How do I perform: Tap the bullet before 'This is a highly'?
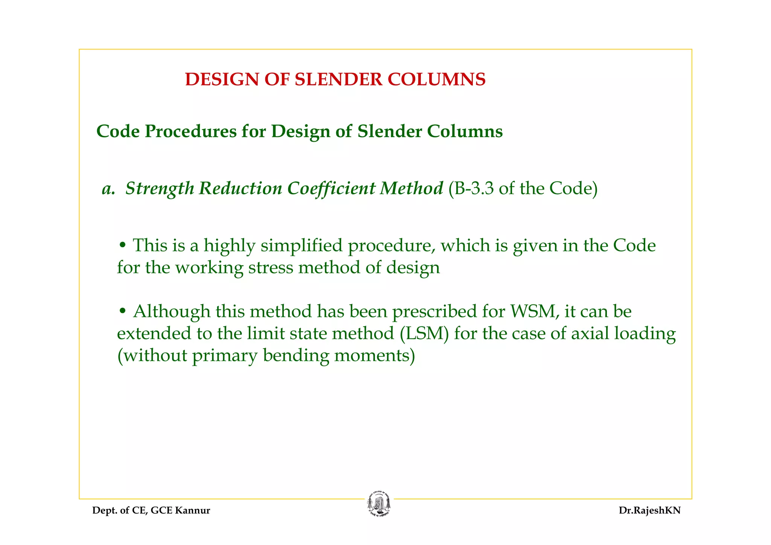click(x=122, y=246)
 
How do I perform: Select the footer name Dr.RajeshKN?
click(x=649, y=511)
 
